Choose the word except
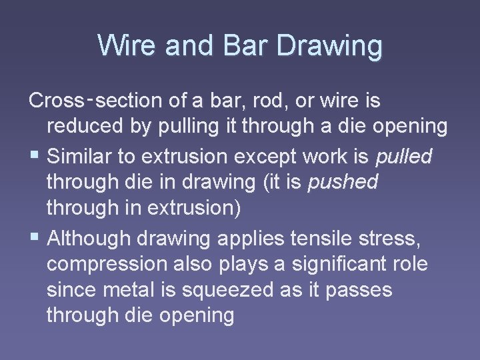(272, 157)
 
